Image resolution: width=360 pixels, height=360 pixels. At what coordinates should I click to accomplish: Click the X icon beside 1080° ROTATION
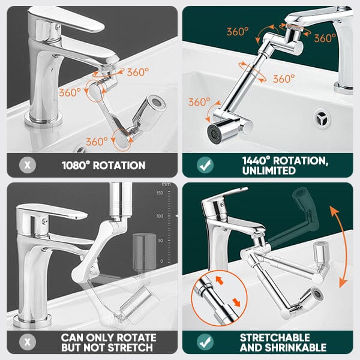28,165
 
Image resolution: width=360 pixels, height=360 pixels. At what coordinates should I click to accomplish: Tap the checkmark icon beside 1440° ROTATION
205,165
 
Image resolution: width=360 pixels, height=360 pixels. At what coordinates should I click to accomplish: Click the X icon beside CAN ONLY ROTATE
28,342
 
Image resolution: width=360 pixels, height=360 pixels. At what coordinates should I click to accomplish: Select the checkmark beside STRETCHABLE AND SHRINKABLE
205,342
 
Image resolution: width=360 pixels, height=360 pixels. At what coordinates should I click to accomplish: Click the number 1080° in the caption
76,166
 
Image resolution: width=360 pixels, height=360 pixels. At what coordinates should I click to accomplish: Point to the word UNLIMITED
269,170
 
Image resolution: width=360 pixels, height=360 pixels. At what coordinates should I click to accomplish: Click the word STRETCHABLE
275,338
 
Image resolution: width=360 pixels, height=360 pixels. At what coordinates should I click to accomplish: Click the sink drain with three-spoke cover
322,118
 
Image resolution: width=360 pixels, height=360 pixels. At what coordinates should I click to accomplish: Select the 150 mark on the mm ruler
160,193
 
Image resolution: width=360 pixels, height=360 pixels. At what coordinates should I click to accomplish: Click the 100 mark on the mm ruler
160,216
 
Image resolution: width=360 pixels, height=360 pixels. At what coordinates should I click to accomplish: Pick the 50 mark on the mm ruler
160,241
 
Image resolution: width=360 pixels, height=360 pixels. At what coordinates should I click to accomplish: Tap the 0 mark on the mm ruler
161,261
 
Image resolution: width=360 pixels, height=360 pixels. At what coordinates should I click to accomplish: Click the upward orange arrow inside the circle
220,280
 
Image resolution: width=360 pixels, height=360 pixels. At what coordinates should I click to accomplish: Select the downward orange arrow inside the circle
236,302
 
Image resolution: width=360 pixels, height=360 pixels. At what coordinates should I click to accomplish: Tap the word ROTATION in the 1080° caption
119,166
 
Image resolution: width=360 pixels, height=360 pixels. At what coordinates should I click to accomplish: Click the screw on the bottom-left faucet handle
44,221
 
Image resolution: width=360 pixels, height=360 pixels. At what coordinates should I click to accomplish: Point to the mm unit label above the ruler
166,184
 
